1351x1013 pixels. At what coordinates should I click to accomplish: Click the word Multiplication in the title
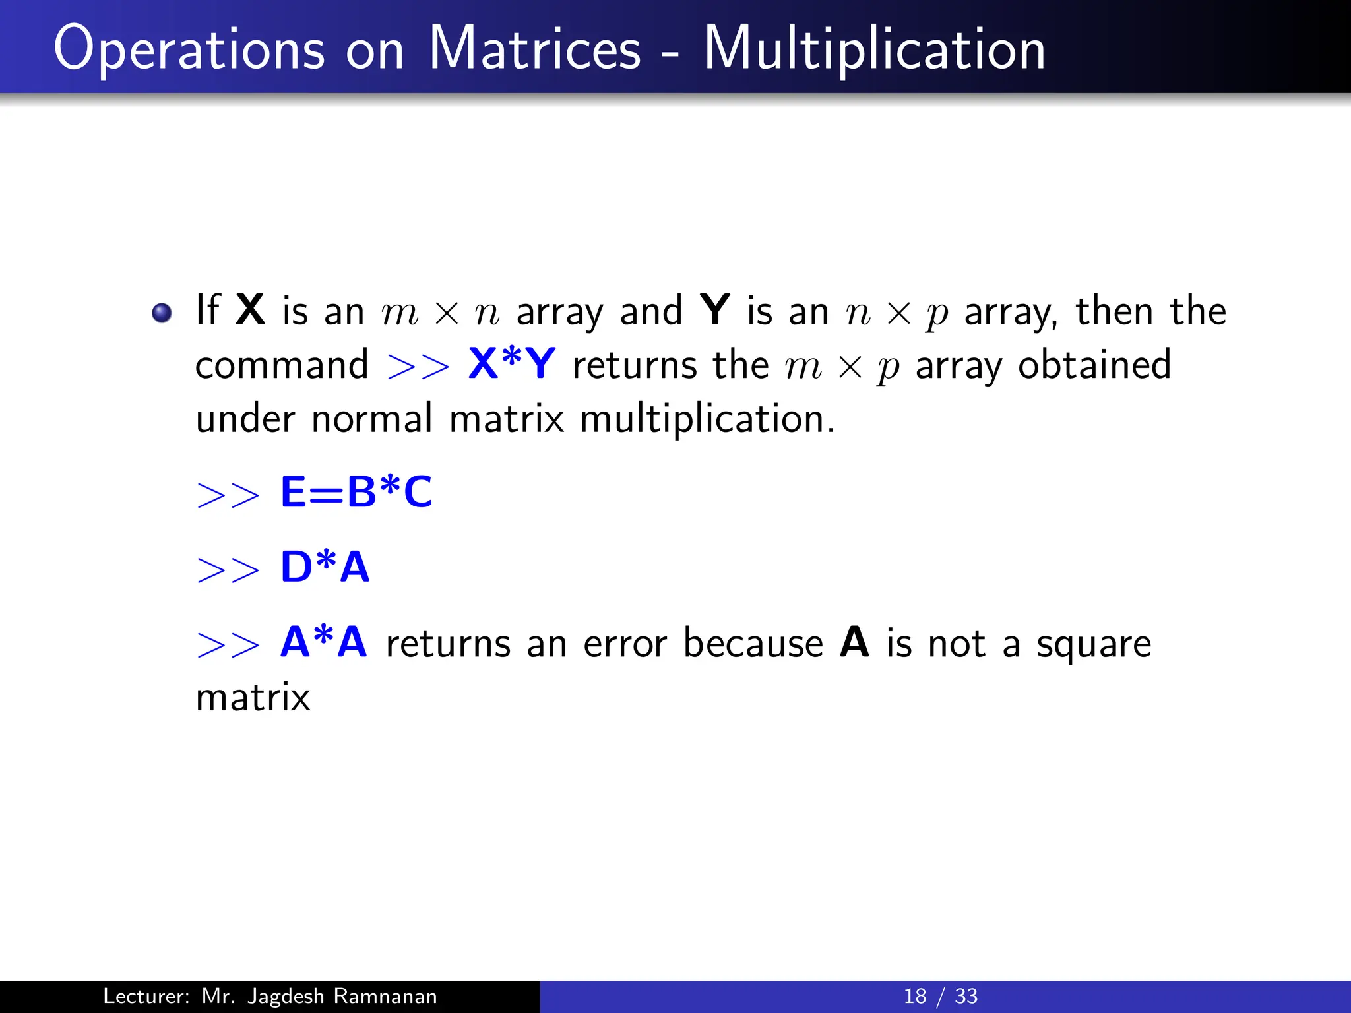click(x=875, y=49)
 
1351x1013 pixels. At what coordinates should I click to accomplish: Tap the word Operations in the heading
click(x=189, y=50)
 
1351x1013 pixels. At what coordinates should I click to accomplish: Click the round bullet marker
click(x=162, y=313)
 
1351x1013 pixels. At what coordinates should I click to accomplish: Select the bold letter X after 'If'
click(x=251, y=310)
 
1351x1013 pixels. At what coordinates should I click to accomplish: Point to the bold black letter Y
click(x=715, y=310)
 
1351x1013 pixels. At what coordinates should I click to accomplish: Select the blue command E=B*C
click(x=356, y=492)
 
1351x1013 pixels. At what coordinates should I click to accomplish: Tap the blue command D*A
click(x=325, y=567)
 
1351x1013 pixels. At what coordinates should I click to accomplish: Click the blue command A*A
click(x=323, y=642)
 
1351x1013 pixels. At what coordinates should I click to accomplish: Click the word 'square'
click(x=1093, y=645)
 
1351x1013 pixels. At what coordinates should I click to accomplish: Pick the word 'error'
click(x=625, y=644)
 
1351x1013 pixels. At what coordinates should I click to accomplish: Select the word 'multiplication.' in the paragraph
click(x=707, y=419)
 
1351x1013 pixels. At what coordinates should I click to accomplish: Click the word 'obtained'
click(x=1094, y=364)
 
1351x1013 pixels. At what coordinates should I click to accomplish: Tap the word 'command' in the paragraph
click(x=282, y=365)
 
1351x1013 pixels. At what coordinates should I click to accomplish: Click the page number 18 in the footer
click(x=915, y=996)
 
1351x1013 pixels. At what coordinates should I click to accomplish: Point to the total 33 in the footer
click(x=966, y=996)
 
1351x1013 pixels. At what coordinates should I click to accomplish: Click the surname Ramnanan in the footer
click(x=385, y=996)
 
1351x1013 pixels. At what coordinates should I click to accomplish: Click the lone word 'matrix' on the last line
click(x=253, y=698)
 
